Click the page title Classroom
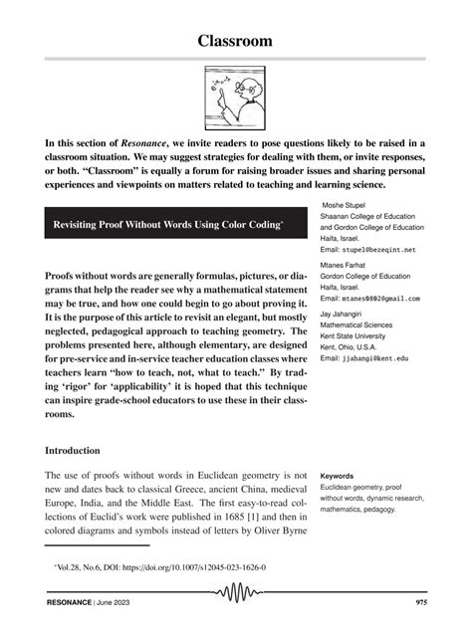236,41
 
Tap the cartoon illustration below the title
235,100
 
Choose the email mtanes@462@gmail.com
369,299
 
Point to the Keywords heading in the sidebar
340,476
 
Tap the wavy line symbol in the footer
237,599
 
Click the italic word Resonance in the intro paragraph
144,144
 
